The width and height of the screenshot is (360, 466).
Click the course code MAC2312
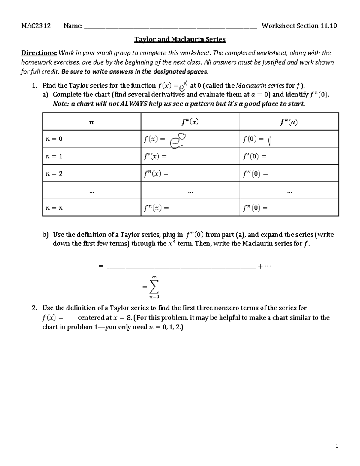coord(36,26)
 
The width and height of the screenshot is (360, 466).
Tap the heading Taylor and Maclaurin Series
coord(180,39)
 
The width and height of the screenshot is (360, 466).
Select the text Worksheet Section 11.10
coord(299,26)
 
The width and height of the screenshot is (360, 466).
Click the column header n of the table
coord(92,122)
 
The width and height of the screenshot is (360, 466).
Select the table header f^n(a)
coord(289,122)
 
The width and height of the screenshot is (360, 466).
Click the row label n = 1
coord(54,156)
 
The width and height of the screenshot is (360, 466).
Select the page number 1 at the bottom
coord(337,446)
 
